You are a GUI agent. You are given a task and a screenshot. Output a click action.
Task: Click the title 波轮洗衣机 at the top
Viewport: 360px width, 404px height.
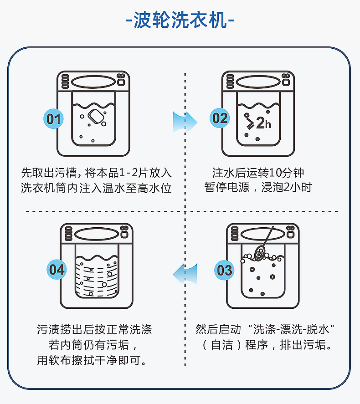(x=180, y=20)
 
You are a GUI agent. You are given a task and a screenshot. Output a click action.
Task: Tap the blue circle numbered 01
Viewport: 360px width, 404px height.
(x=54, y=119)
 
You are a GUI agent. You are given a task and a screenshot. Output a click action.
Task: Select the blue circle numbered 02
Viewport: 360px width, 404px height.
(x=220, y=118)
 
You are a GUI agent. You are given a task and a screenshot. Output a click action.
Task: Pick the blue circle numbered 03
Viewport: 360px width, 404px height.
(x=225, y=270)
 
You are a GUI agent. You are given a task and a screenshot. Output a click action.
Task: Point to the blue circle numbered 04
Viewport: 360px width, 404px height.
(x=57, y=270)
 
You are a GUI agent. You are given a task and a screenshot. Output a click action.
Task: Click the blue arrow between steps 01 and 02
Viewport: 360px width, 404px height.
(x=184, y=122)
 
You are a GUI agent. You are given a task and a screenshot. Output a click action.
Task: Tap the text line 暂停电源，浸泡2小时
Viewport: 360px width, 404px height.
(x=258, y=188)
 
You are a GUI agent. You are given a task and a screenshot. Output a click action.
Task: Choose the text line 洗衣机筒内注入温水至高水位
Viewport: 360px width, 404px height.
(x=96, y=188)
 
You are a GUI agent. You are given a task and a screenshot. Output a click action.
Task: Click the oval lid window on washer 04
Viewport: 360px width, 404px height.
(x=97, y=234)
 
